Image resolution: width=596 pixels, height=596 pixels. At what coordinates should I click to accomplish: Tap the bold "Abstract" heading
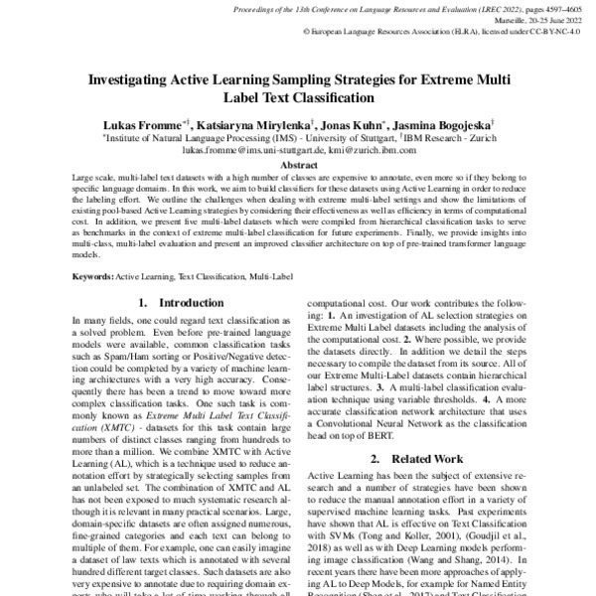click(x=298, y=166)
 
